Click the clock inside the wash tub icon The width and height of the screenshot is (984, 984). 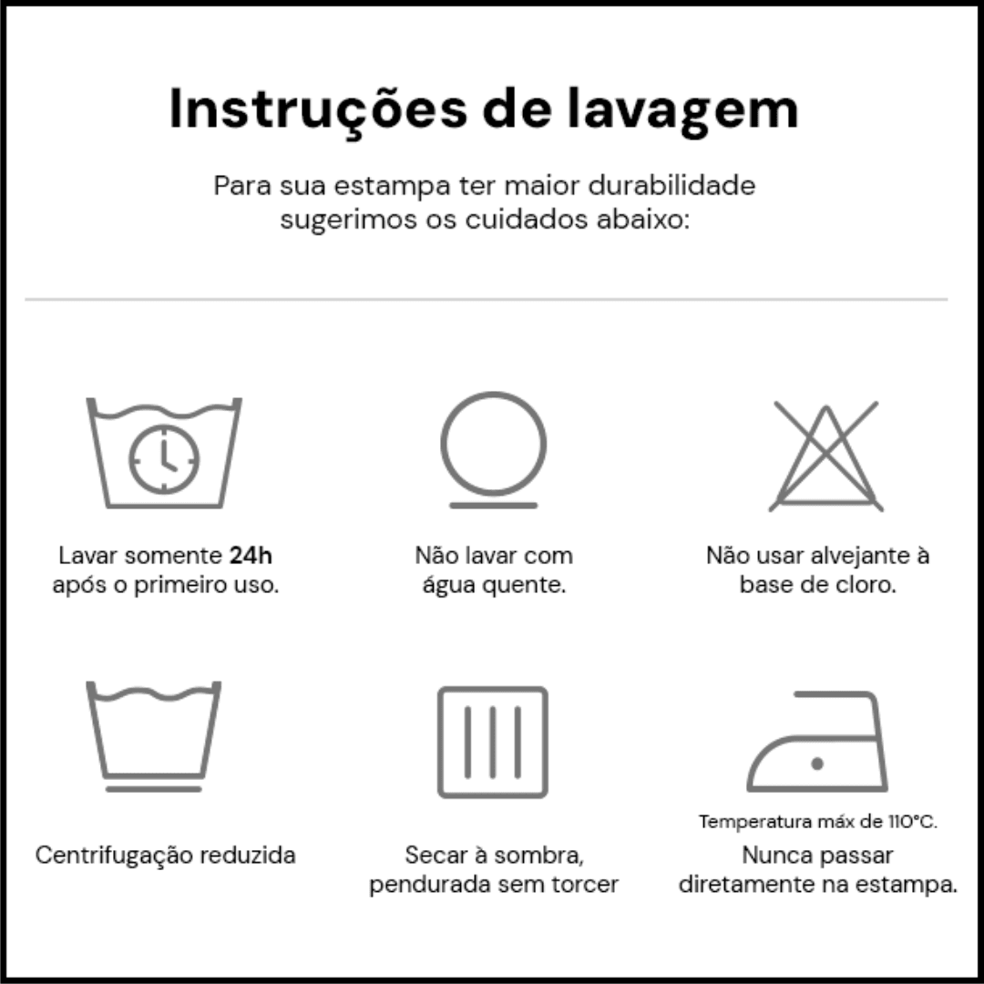164,460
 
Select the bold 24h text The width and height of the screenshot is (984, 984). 251,556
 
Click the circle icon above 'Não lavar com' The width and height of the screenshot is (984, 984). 493,444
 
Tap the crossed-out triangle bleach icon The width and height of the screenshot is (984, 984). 825,456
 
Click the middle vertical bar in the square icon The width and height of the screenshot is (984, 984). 493,742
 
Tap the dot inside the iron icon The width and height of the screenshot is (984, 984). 817,764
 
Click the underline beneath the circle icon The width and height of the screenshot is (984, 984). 493,506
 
